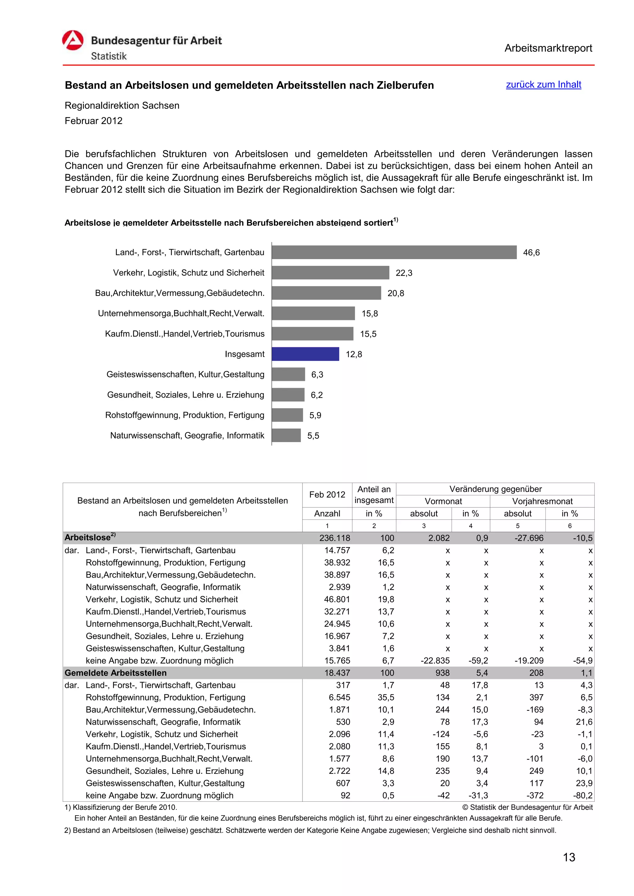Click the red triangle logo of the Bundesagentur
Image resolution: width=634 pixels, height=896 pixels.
tap(73, 41)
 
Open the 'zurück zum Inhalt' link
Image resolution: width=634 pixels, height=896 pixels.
tap(543, 85)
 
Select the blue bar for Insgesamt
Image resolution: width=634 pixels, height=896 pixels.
tap(305, 354)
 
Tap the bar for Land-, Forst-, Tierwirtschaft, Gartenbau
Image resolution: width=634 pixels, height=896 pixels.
tap(394, 252)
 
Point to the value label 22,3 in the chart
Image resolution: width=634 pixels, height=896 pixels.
tap(404, 273)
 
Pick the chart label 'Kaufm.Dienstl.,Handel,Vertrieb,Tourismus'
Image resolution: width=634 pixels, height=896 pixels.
tap(185, 334)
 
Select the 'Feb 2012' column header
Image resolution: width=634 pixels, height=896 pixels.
tap(327, 494)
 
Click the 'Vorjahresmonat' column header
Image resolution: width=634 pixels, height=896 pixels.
tap(542, 501)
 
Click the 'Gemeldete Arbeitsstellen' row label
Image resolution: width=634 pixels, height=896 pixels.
tap(116, 673)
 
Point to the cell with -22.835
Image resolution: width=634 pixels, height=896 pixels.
tap(435, 661)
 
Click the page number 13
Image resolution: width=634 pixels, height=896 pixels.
tap(569, 857)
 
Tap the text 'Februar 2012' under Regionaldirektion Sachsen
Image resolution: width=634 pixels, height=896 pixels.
tap(93, 121)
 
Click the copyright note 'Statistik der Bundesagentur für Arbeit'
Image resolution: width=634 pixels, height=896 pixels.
tap(528, 807)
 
